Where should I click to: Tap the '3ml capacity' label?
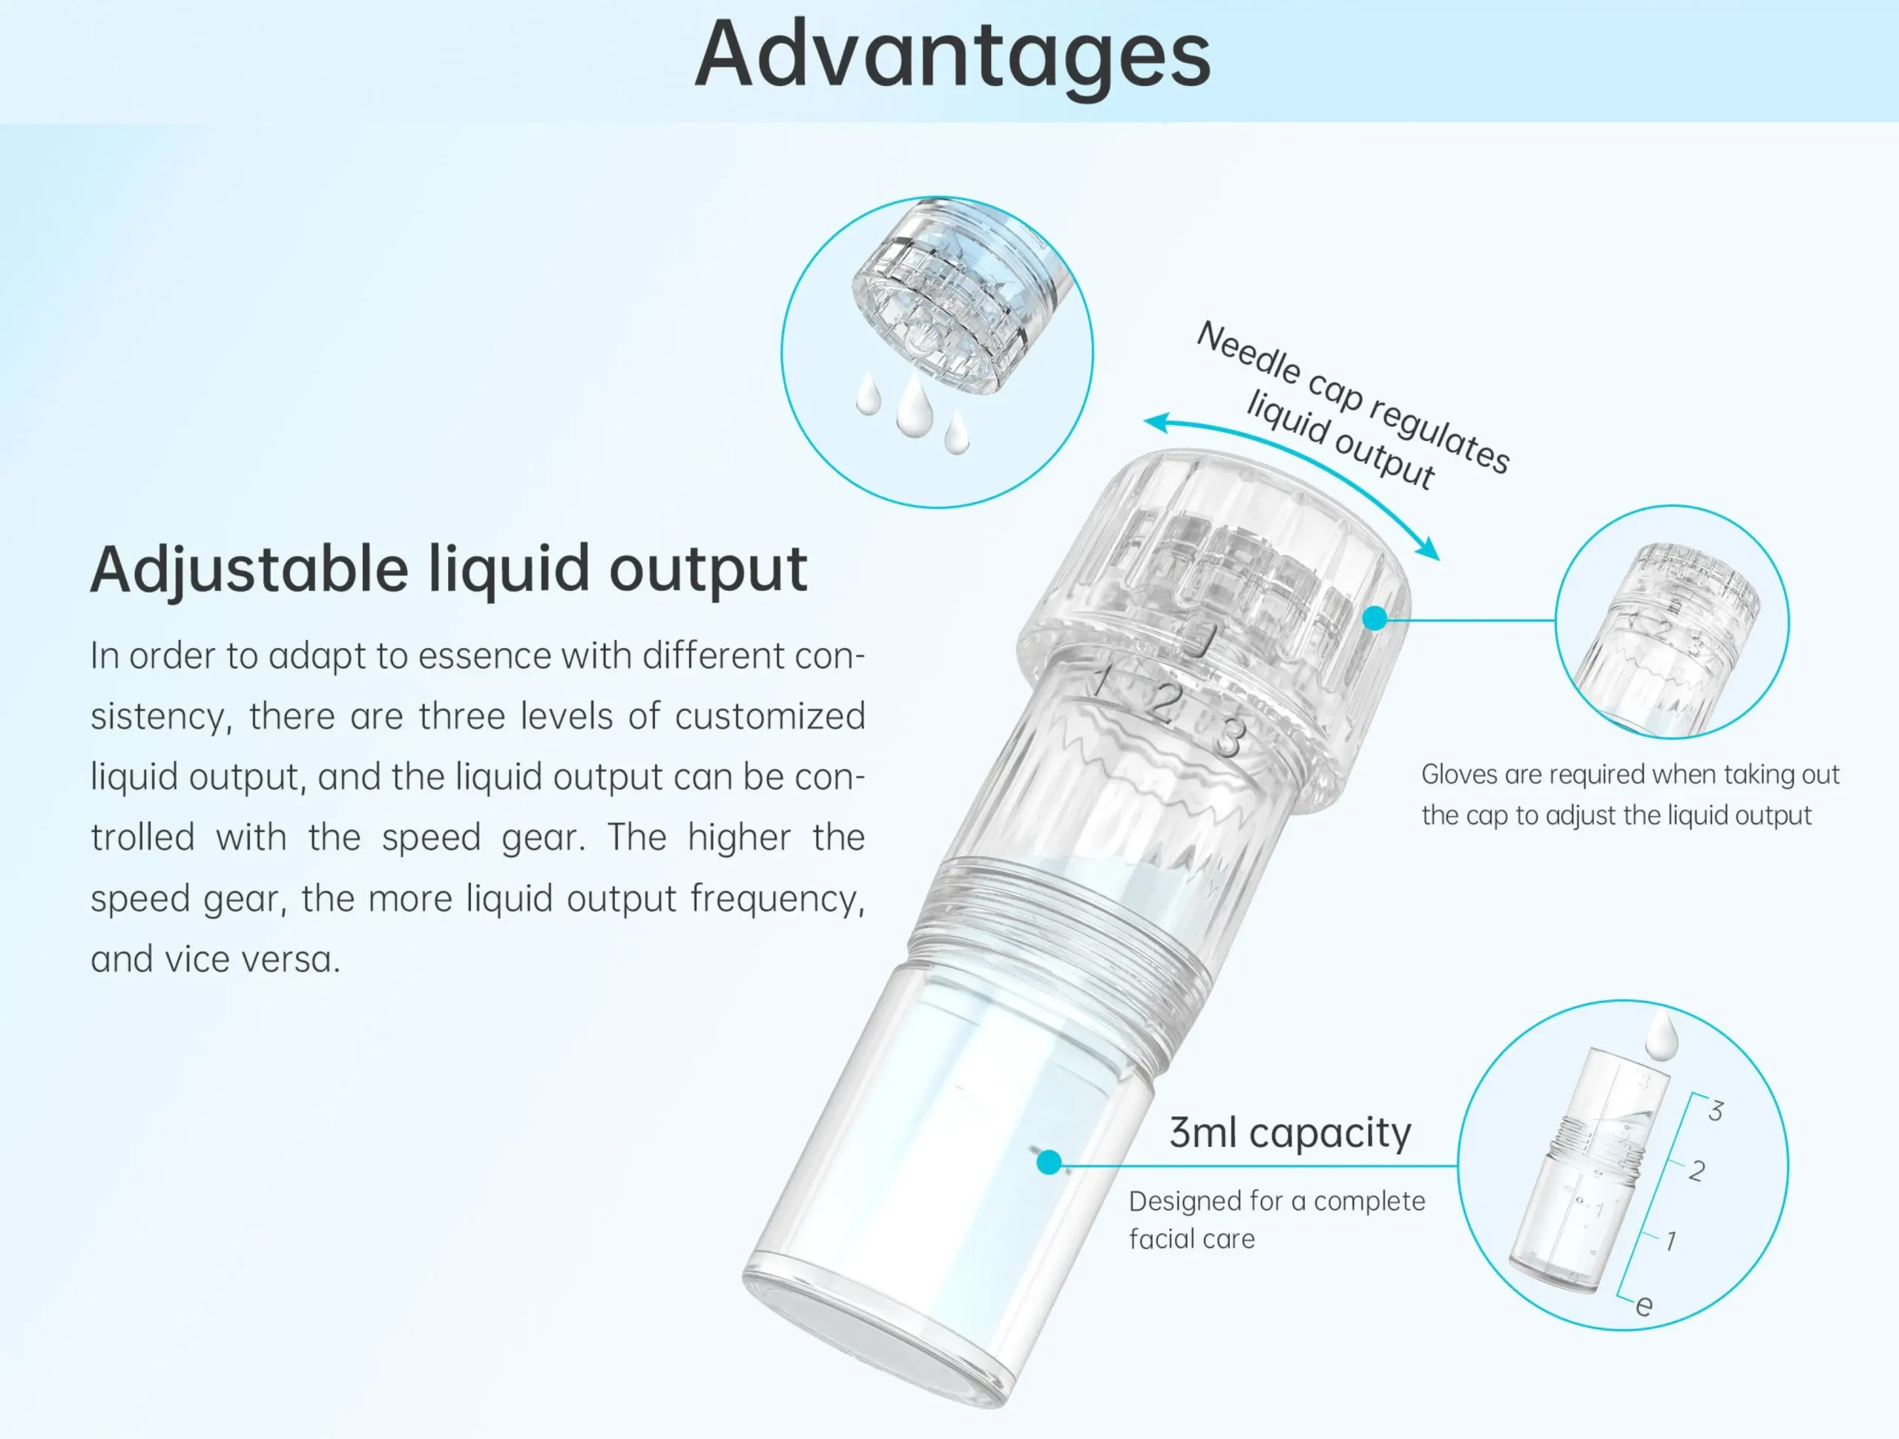click(1290, 1133)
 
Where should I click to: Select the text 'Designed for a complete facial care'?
click(1277, 1220)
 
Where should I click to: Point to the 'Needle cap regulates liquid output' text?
click(1355, 406)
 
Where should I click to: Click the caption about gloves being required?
click(1630, 795)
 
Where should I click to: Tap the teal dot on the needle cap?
click(1375, 618)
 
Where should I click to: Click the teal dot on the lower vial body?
click(1048, 1162)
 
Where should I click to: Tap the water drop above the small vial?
click(1661, 1035)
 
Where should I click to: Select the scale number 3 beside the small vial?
click(1715, 1111)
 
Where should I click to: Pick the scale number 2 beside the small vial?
click(1696, 1171)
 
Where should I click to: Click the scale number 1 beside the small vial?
click(1671, 1241)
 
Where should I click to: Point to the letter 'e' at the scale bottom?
click(1644, 1305)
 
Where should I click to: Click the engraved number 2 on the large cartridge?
click(1165, 703)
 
